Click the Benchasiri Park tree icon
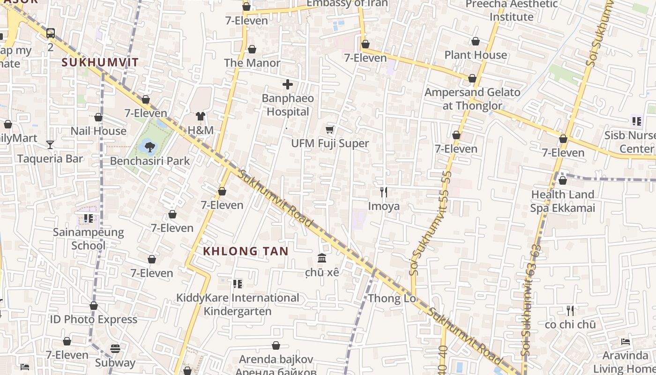(150, 147)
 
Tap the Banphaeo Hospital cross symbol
(288, 85)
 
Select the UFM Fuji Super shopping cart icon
(330, 129)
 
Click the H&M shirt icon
(201, 116)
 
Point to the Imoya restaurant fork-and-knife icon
(384, 192)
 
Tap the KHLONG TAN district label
(246, 251)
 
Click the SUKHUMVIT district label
(100, 62)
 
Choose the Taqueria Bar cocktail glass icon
(50, 144)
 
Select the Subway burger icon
(115, 349)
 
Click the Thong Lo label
(391, 299)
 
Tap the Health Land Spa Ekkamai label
(562, 201)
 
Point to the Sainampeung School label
(88, 239)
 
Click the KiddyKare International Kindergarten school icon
(238, 284)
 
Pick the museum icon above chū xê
(322, 258)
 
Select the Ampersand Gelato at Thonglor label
(472, 99)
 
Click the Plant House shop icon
(476, 41)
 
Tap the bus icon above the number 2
(51, 33)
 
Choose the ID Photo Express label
(94, 320)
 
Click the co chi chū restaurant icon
(570, 310)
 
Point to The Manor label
(252, 63)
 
